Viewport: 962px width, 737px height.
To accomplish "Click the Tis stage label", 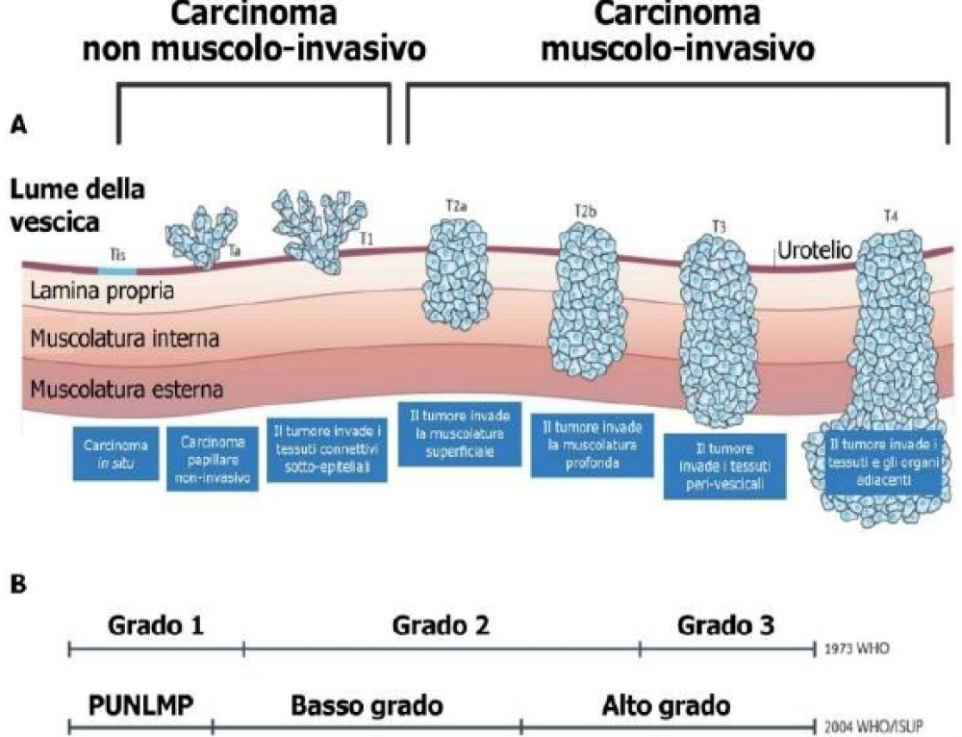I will (115, 257).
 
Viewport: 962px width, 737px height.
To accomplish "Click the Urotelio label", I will (813, 251).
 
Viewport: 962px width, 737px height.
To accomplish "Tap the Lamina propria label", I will (102, 291).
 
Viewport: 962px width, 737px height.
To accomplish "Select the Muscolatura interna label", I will (126, 339).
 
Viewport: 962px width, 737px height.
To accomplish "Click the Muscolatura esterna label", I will (127, 391).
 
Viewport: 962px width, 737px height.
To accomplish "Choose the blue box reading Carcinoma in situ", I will (115, 453).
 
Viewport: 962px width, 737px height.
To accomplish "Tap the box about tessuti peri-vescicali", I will (723, 466).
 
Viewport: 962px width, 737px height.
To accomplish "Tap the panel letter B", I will (17, 584).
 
